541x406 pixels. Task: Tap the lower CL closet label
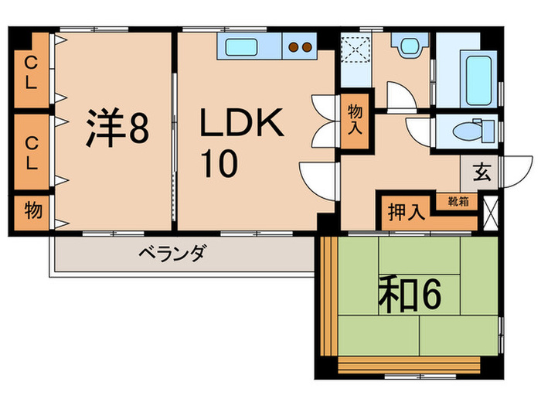point(30,152)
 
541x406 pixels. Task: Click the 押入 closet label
point(406,212)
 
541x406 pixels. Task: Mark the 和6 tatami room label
point(409,295)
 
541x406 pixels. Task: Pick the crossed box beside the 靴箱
point(489,211)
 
